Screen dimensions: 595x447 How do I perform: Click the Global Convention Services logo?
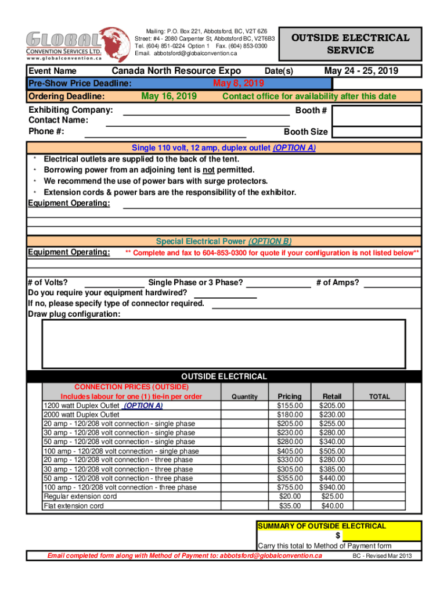point(74,44)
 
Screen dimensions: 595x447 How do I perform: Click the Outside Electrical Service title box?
point(350,44)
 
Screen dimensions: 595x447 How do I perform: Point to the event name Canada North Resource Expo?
point(176,71)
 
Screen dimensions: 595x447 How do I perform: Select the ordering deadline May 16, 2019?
point(169,96)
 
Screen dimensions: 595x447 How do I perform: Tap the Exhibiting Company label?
point(70,110)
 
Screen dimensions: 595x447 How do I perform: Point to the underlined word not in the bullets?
point(208,170)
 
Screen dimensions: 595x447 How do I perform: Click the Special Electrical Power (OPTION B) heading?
point(223,241)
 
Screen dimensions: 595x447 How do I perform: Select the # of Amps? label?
point(337,283)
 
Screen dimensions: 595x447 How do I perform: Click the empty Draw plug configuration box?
point(223,344)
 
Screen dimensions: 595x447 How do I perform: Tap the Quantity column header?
point(244,397)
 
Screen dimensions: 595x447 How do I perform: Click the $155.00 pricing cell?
point(290,406)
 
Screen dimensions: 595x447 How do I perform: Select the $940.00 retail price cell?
point(332,488)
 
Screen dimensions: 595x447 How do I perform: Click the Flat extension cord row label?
point(74,506)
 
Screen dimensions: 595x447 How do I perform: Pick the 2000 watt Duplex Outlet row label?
point(81,415)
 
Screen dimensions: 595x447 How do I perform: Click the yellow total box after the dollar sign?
point(381,535)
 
